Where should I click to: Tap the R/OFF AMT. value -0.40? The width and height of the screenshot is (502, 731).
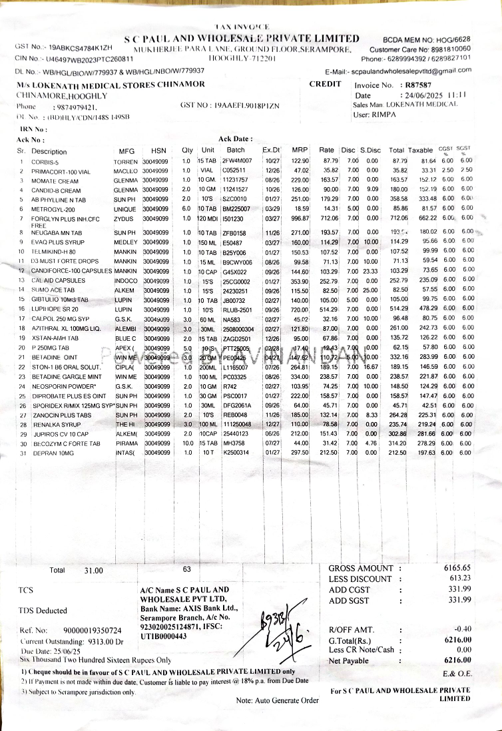pyautogui.click(x=462, y=629)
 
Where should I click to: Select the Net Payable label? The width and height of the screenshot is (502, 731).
pyautogui.click(x=348, y=660)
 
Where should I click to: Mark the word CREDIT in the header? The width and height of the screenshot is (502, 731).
pyautogui.click(x=325, y=84)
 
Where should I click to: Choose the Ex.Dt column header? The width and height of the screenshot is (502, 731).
pyautogui.click(x=272, y=151)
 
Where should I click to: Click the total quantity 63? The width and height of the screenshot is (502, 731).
pyautogui.click(x=187, y=569)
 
